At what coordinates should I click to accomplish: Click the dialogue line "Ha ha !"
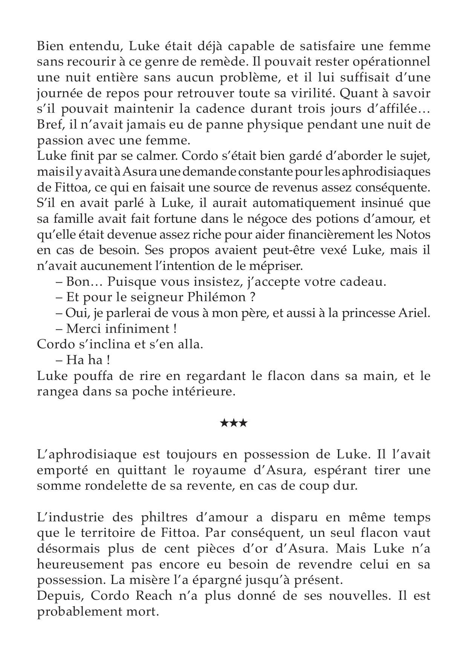pyautogui.click(x=87, y=360)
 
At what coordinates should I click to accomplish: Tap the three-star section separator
pyautogui.click(x=234, y=423)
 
